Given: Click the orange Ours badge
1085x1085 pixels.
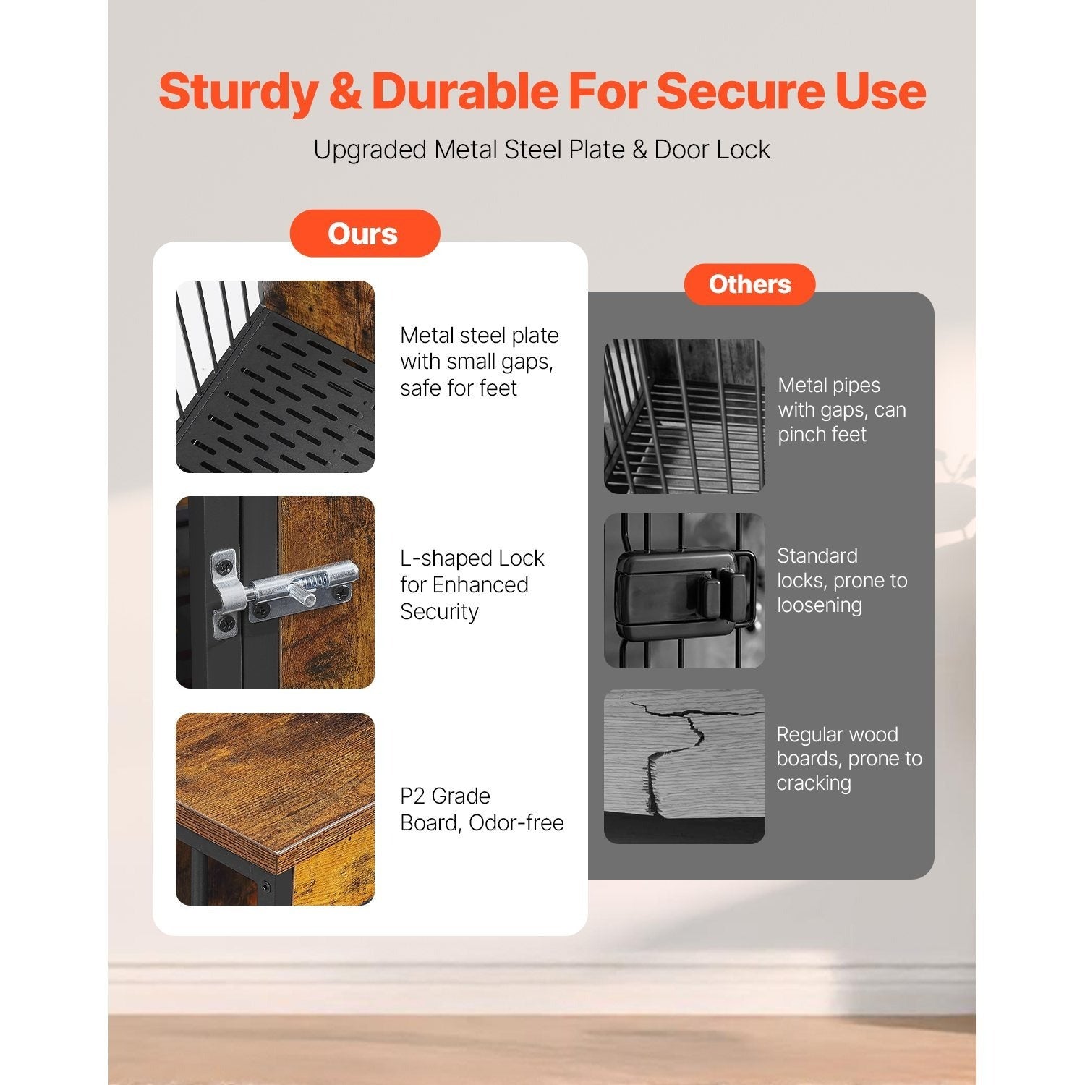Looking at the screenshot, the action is tap(365, 234).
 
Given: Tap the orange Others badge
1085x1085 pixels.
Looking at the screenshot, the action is tap(749, 284).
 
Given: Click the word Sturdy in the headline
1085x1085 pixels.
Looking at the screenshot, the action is tap(238, 91).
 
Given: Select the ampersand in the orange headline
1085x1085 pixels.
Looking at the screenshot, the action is tap(344, 91).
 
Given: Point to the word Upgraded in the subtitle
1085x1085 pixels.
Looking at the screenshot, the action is tap(370, 150).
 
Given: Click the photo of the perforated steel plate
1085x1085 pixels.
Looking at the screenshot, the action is tap(275, 377).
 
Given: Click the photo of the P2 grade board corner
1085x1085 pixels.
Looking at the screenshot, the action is tap(275, 809).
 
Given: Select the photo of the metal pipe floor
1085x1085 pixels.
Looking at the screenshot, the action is tap(684, 417).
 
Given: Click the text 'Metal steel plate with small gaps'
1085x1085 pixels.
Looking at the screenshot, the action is tap(479, 349).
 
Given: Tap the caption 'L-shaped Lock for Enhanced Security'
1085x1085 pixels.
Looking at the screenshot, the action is tap(472, 584).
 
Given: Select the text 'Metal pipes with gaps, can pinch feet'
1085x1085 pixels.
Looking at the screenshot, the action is tap(842, 409).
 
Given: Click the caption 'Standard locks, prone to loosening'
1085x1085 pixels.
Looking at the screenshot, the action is tap(842, 580).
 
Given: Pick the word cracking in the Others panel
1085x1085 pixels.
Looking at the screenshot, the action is tap(814, 783).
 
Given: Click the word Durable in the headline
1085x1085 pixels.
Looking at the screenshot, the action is tap(464, 91).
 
